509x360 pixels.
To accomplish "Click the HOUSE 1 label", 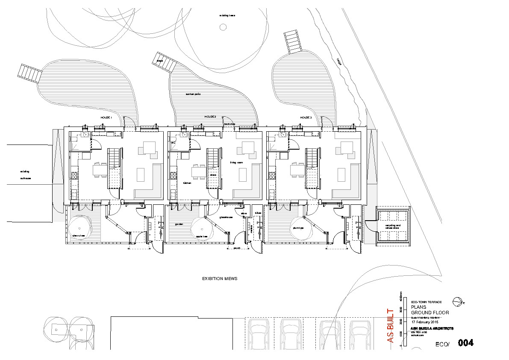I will (x=106, y=118).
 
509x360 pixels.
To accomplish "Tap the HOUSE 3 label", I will (x=306, y=117).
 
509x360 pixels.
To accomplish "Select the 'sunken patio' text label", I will (x=193, y=94).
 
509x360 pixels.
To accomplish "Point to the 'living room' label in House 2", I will (x=236, y=162).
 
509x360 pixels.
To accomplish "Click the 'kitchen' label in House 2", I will (x=187, y=183).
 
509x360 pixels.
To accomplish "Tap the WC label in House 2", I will (x=174, y=142).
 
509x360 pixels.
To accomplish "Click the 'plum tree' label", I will (x=298, y=228).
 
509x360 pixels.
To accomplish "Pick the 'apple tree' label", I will (x=201, y=236).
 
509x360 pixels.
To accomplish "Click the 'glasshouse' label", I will (x=226, y=217).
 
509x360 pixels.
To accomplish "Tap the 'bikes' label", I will (x=258, y=213).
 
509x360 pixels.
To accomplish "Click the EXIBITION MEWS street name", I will (x=220, y=279).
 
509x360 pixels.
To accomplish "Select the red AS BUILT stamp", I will (x=390, y=325).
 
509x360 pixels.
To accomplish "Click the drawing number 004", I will (x=466, y=343).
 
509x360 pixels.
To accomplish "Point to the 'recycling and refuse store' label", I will (x=392, y=227).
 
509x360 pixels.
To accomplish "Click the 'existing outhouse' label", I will (x=25, y=175).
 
